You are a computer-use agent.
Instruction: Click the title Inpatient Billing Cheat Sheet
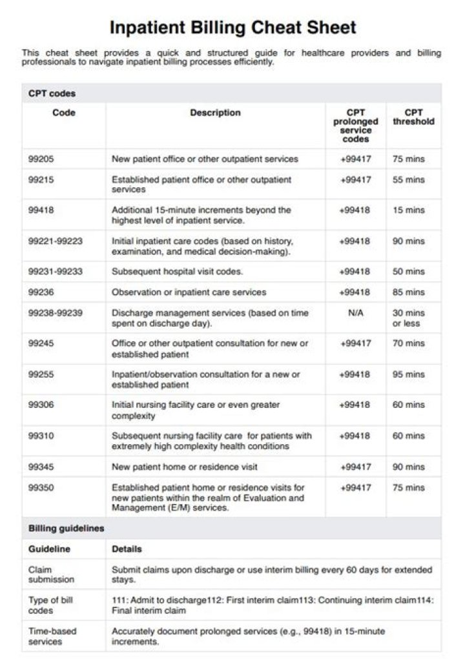[x=232, y=28]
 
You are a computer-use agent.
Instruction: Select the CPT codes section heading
[x=52, y=94]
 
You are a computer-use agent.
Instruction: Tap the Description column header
[x=215, y=113]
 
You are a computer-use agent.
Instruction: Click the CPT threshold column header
[x=413, y=117]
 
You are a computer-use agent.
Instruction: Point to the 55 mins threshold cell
[x=409, y=179]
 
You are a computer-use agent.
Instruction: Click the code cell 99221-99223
[x=55, y=241]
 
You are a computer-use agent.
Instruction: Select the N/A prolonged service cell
[x=355, y=312]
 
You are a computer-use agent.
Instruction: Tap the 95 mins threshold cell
[x=409, y=374]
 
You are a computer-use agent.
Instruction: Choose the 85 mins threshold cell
[x=409, y=292]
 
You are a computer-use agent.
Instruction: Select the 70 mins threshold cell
[x=409, y=343]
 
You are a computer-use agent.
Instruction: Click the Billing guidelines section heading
[x=66, y=528]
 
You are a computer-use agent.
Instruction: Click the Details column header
[x=127, y=549]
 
